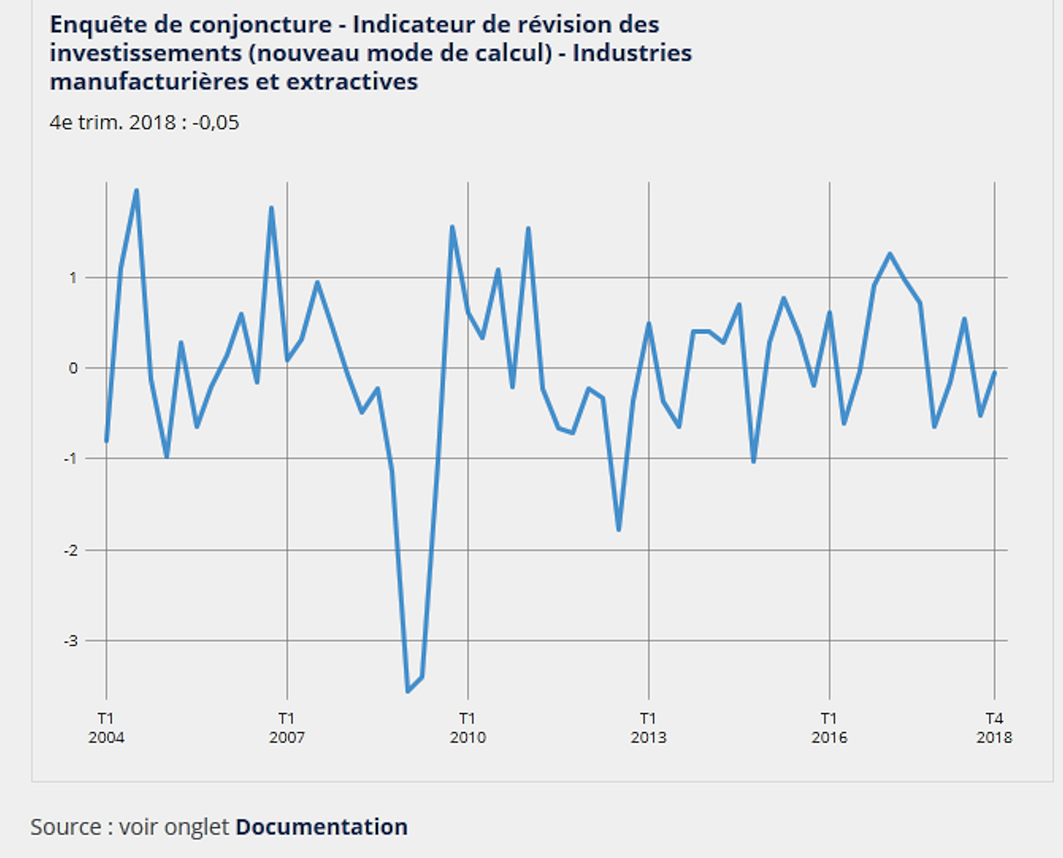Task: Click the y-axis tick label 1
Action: [x=73, y=278]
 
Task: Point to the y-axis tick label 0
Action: [x=73, y=368]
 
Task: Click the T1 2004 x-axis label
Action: [x=106, y=727]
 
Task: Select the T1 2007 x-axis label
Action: [x=287, y=727]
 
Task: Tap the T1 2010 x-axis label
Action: [x=468, y=727]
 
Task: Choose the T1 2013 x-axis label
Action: [x=648, y=727]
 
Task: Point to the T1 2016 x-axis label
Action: [x=829, y=727]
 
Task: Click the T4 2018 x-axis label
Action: [x=994, y=727]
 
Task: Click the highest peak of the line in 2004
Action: [x=137, y=190]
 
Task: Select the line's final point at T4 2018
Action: [x=994, y=372]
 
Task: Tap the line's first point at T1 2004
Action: [x=106, y=441]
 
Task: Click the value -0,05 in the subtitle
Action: [x=216, y=122]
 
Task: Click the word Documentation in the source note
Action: [x=321, y=826]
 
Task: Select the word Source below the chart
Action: [x=66, y=826]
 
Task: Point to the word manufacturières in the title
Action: [x=148, y=82]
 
